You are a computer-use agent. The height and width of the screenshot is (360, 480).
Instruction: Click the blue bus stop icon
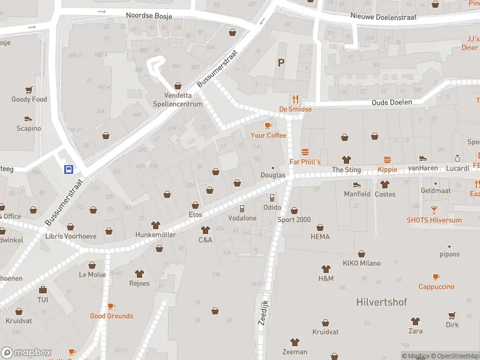point(69,169)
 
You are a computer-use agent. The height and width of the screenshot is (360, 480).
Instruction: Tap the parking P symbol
point(280,62)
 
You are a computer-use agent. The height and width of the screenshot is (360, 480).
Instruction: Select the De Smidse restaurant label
point(295,109)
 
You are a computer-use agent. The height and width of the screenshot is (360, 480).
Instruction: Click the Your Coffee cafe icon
point(268,125)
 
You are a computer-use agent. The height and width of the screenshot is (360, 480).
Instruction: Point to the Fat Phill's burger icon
point(305,152)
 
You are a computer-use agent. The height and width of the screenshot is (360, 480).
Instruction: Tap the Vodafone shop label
point(242,218)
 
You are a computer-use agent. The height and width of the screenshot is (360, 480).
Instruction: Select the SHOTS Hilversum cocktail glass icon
point(434,210)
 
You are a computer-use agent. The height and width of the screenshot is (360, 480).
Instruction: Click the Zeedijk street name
point(262,313)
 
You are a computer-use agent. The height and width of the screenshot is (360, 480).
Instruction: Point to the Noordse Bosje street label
point(149,16)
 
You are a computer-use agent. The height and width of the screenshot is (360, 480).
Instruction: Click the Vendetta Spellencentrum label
point(178,99)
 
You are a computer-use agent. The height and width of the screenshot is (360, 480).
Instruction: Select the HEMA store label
point(320,237)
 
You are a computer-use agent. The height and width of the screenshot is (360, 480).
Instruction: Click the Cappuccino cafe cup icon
point(436,277)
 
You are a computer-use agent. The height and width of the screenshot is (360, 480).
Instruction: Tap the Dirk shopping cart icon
point(452,315)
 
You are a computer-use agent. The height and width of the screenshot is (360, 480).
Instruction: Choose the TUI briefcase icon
point(43,290)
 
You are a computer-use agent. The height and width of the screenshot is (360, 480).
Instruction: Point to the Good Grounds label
point(112,316)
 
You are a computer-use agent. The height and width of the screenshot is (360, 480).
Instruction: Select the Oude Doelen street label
point(392,102)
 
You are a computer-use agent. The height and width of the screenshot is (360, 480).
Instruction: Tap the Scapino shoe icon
point(28,118)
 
